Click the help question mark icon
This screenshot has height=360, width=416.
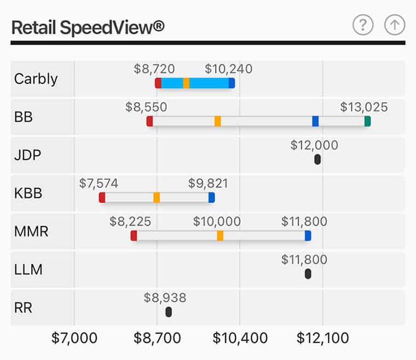pos(362,25)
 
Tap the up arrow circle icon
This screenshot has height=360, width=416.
pos(394,25)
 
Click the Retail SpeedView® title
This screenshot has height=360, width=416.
pos(88,27)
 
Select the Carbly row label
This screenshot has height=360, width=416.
pos(36,78)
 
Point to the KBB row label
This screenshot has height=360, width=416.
pos(28,193)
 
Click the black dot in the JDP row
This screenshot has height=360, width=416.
pos(317,159)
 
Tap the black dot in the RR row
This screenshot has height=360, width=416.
pos(169,312)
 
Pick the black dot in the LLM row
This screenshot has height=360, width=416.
pos(308,274)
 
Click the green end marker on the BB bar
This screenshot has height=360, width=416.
pos(368,121)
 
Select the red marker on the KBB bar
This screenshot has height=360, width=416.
pos(102,197)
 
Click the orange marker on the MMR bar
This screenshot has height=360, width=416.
pos(220,236)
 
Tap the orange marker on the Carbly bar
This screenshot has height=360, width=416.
pos(186,83)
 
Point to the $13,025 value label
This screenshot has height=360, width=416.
pos(364,107)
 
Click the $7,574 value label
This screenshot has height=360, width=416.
pos(99,183)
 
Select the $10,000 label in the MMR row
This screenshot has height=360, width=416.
pos(217,221)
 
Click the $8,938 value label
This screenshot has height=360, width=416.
pos(165,298)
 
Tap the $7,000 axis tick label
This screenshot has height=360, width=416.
pos(74,338)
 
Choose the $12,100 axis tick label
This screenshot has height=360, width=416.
pos(323,338)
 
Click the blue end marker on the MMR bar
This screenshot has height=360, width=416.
pos(308,236)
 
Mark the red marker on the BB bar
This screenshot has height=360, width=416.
pos(150,121)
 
